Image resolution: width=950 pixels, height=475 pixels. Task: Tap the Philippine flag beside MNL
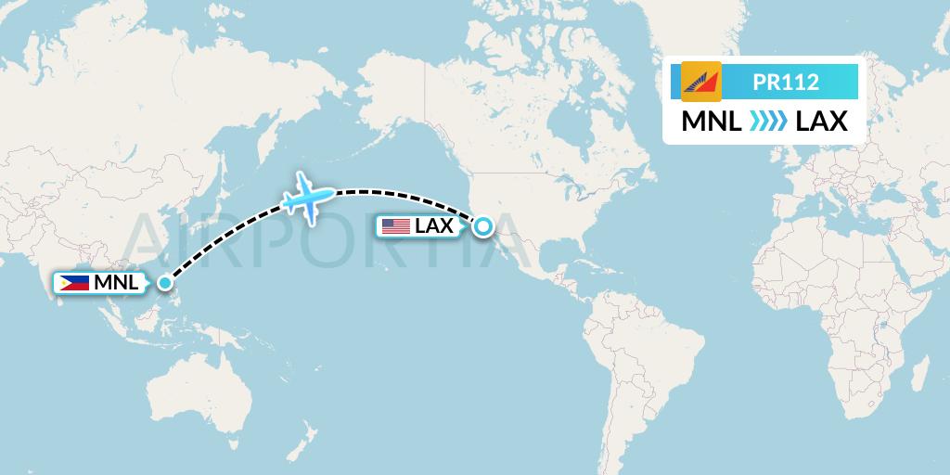pyautogui.click(x=74, y=283)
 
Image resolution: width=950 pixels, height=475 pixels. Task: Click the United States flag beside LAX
pyautogui.click(x=395, y=225)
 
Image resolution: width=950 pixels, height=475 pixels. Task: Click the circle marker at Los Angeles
pyautogui.click(x=483, y=225)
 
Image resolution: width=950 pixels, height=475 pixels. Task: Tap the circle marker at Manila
pyautogui.click(x=164, y=283)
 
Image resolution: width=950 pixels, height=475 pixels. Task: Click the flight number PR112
pyautogui.click(x=786, y=82)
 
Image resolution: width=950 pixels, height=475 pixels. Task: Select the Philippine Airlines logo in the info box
pyautogui.click(x=700, y=82)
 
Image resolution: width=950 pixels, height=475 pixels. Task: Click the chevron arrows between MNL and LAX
pyautogui.click(x=768, y=121)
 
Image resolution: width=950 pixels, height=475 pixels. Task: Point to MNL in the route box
pyautogui.click(x=712, y=121)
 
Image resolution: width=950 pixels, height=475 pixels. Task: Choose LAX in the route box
pyautogui.click(x=822, y=121)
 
